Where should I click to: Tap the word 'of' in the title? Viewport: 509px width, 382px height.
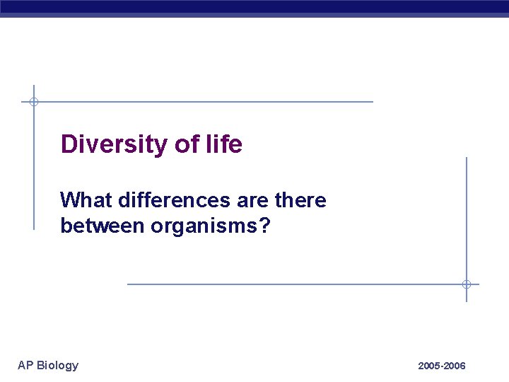click(187, 144)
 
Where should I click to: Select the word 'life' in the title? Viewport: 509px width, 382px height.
click(224, 144)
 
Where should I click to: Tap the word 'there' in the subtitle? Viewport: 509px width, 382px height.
click(300, 201)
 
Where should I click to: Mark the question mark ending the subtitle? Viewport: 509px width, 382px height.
click(265, 227)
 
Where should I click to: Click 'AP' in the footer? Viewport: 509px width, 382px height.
click(25, 365)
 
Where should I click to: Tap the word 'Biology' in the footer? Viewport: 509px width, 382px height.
click(57, 365)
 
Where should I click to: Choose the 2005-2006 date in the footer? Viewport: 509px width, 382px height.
click(442, 366)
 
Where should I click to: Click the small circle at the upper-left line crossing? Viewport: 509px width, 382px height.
click(33, 102)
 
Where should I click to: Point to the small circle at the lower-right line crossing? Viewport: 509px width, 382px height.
click(467, 284)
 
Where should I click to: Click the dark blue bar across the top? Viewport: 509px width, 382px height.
click(255, 8)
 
